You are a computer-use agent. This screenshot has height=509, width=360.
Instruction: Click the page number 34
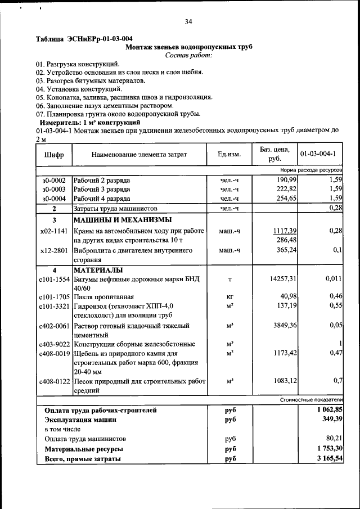tap(188, 21)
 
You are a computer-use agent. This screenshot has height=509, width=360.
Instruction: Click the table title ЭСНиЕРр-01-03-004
tap(84, 39)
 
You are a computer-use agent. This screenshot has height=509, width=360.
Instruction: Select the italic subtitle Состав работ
tap(188, 55)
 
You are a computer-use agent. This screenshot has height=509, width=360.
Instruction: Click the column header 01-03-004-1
tap(318, 154)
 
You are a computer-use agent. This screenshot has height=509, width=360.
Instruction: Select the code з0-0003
tap(54, 190)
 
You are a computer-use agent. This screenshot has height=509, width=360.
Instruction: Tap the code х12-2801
tap(54, 250)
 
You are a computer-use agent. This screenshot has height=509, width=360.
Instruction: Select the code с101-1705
tap(54, 296)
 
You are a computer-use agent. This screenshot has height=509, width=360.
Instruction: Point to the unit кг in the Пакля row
tap(229, 296)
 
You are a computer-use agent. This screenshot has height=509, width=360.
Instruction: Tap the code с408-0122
tap(54, 381)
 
